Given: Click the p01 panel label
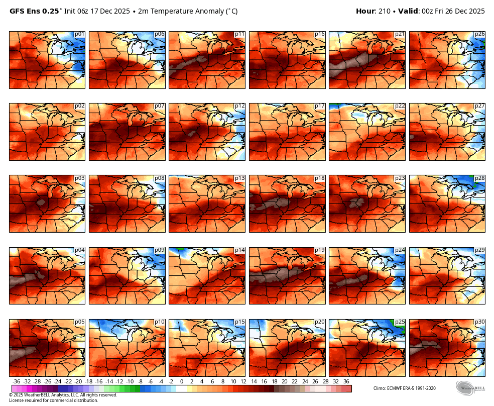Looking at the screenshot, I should (x=79, y=34).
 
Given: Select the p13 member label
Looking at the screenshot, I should (x=239, y=178).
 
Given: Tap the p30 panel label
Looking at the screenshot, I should (x=479, y=322).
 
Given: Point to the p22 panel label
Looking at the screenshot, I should (x=400, y=106).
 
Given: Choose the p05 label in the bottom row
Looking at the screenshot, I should (x=79, y=322).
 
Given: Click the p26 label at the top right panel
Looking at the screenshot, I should (x=479, y=34).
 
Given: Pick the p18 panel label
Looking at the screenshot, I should (x=319, y=178).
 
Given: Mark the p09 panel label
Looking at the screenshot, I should (x=160, y=250).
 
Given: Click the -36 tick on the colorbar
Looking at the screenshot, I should (x=16, y=381).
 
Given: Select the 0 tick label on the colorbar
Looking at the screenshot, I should (x=181, y=381).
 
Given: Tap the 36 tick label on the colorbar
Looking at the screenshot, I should (x=346, y=381).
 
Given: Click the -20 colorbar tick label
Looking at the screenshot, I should (x=78, y=381).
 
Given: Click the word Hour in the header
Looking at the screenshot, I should (x=365, y=11).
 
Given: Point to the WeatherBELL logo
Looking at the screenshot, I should (x=470, y=388).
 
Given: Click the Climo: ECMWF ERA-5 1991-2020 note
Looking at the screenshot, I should (x=404, y=388).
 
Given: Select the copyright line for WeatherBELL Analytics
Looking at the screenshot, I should (x=63, y=395).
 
